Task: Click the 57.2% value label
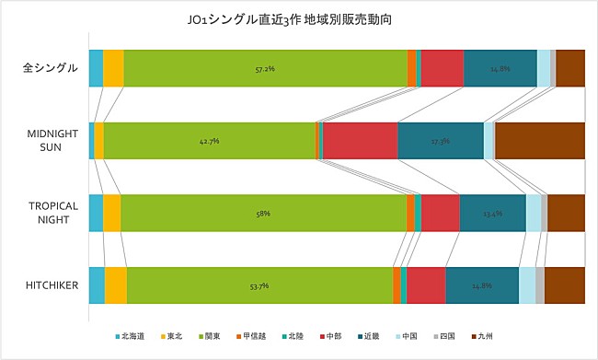(265, 68)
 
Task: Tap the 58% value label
(263, 213)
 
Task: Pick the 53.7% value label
(259, 285)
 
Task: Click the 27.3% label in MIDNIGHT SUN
(441, 141)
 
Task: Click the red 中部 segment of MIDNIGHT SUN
(360, 141)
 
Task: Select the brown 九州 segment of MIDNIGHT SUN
(540, 141)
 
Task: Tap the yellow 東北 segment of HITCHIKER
(116, 285)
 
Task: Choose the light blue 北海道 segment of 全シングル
(96, 68)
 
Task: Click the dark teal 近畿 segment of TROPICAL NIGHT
(492, 213)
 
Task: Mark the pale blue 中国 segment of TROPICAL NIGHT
(533, 213)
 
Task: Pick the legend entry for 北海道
(131, 337)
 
